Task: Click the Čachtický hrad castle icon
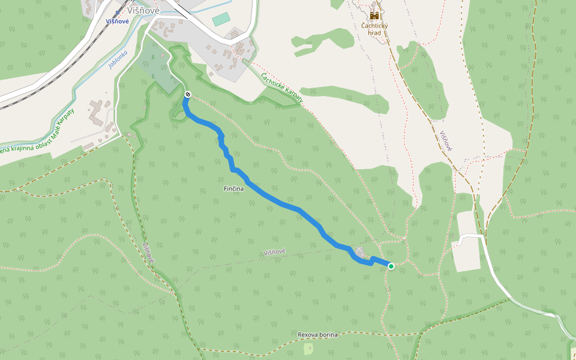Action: tap(374, 15)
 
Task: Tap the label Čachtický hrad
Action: tap(374, 29)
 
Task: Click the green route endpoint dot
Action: tap(391, 266)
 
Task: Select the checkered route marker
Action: tap(188, 95)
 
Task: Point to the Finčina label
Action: tap(233, 190)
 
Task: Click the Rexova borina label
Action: tap(318, 334)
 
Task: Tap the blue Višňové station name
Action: tap(117, 21)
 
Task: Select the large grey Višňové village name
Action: tap(143, 10)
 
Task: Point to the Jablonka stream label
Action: tap(118, 58)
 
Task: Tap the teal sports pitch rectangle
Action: tap(221, 19)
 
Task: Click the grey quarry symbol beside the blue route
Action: tap(359, 251)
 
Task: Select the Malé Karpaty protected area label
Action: tap(39, 134)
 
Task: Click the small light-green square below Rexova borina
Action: tap(309, 349)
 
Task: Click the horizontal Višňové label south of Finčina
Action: tap(275, 253)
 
